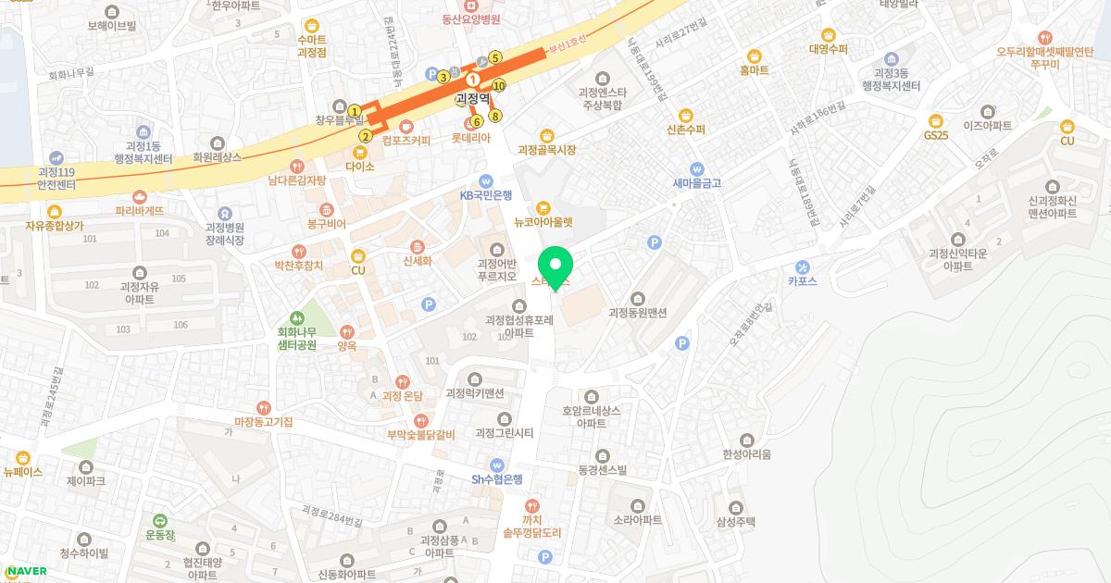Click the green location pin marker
tap(555, 267)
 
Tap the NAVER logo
tap(25, 571)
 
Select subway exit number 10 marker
tap(499, 86)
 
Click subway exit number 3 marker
tap(443, 77)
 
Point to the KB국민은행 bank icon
tap(486, 180)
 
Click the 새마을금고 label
tap(697, 183)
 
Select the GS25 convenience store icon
tap(936, 119)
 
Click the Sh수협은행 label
tap(497, 478)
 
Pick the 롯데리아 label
tap(470, 137)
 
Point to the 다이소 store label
tap(359, 167)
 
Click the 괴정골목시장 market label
tap(546, 150)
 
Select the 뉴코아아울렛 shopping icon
tap(543, 207)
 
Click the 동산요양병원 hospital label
tap(470, 19)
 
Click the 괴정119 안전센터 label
tap(60, 178)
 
